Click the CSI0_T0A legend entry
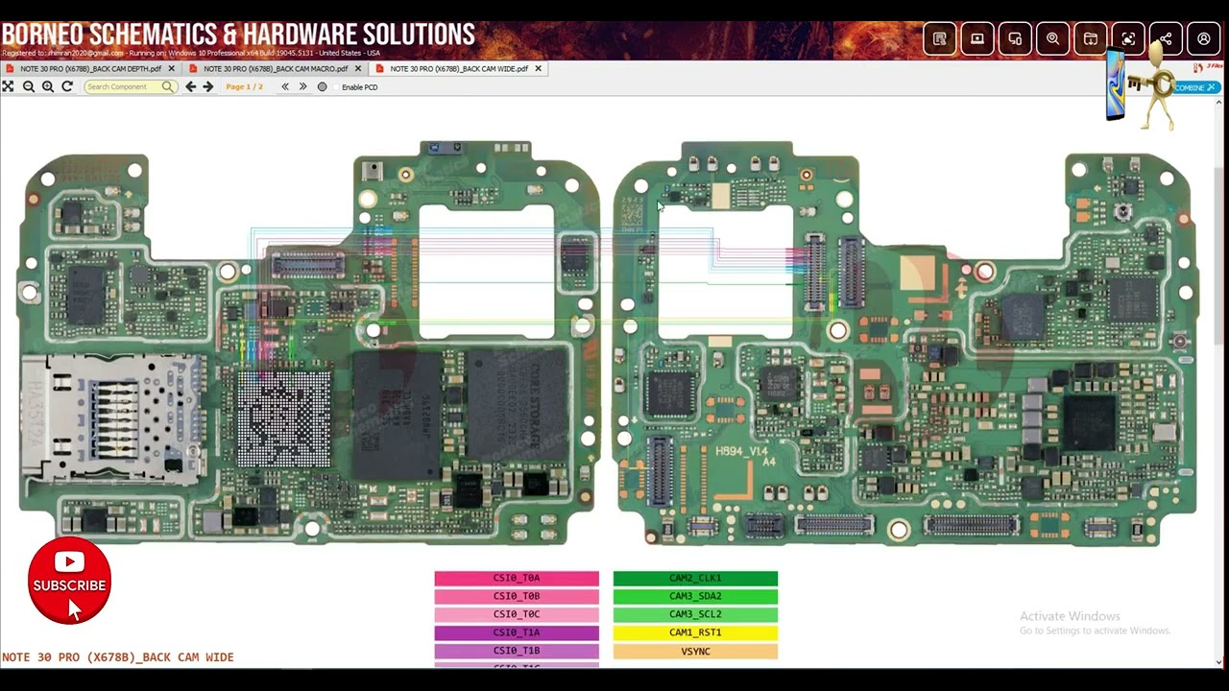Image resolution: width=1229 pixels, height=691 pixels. (517, 579)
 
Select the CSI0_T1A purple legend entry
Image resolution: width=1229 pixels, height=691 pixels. (517, 633)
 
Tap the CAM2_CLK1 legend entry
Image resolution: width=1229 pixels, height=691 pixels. (695, 579)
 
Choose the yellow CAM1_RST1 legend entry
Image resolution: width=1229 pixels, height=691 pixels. (695, 633)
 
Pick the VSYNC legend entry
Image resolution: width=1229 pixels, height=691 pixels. (695, 652)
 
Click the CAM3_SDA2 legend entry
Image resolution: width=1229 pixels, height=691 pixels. (695, 597)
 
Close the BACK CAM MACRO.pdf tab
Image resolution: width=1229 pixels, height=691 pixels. (358, 69)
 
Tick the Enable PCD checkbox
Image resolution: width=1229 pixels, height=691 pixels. (323, 87)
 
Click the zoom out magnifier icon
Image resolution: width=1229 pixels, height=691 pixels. (29, 87)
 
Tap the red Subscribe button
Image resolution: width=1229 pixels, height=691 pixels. (69, 582)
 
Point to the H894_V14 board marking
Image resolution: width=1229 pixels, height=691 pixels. (742, 451)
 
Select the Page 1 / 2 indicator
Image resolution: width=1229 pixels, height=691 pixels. (244, 87)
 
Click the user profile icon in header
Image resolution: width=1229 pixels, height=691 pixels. (1203, 39)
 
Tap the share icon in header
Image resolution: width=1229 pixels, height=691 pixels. (1166, 39)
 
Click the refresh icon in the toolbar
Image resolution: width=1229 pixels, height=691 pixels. (67, 87)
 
